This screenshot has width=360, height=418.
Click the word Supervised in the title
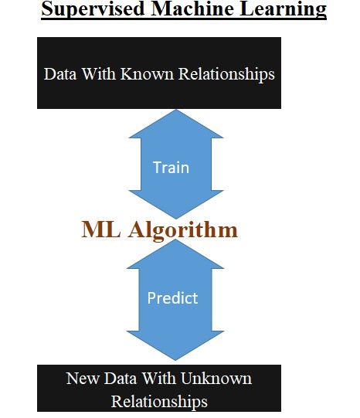coord(93,9)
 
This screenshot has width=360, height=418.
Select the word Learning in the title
coord(284,9)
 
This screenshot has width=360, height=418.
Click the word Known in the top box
coord(147,73)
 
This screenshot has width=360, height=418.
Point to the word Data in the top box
coord(60,73)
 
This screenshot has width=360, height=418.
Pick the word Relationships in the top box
coord(226,74)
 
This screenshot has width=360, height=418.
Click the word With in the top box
coord(98,73)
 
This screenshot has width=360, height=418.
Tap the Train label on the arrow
coord(171,168)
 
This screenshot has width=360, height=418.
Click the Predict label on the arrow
coord(173,297)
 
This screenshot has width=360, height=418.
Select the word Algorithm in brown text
coord(183,230)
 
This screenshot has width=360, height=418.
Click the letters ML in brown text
coord(100,229)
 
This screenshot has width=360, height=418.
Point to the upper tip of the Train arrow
coord(176,110)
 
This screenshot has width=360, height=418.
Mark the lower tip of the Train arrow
coord(176,219)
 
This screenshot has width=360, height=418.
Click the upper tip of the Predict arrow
coord(175,240)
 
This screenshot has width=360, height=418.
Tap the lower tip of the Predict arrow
coord(175,360)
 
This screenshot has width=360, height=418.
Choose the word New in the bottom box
coord(83,379)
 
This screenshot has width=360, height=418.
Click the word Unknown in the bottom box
coord(216,379)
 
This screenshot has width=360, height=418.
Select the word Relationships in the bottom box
coord(159,402)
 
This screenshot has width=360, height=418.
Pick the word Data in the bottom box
coord(121,379)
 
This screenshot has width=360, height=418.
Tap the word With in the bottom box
coord(158,379)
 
